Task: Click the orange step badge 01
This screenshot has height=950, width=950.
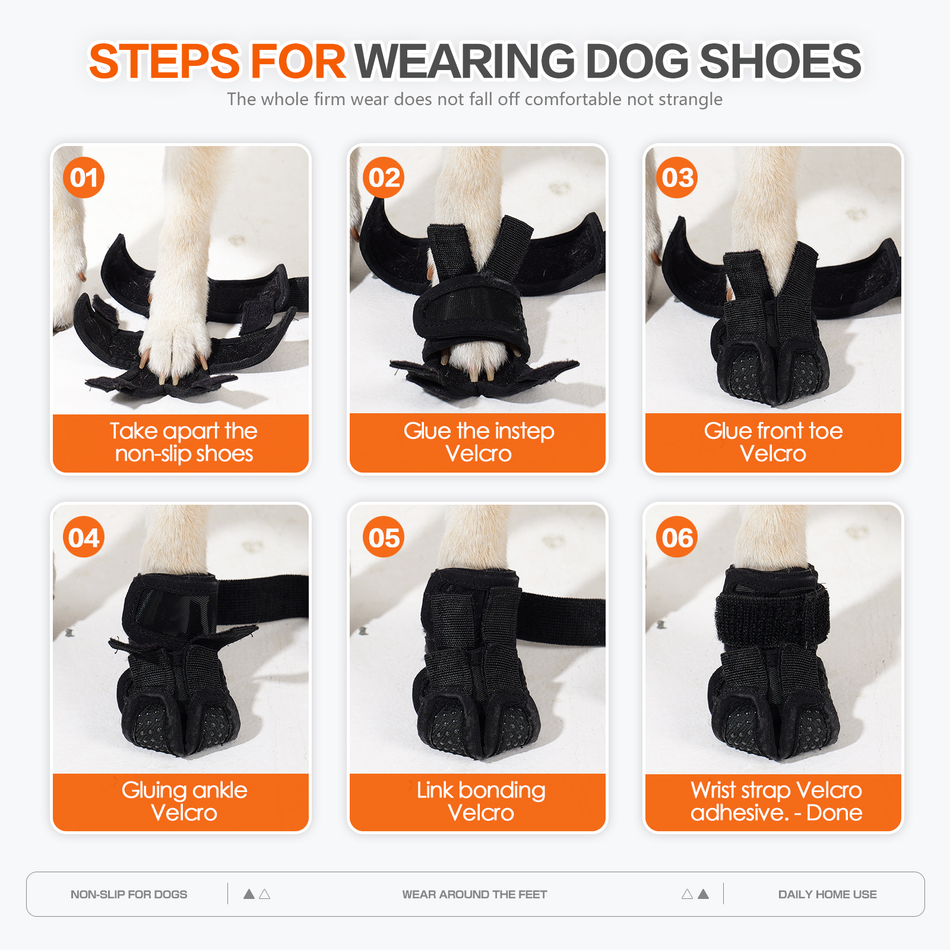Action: point(84,178)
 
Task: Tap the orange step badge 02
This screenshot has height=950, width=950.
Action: point(384,178)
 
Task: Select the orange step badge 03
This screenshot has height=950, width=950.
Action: point(677,178)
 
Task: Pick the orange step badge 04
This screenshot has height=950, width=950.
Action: point(84,537)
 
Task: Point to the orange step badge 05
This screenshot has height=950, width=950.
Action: point(384,537)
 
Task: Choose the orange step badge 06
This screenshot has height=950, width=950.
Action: point(677,537)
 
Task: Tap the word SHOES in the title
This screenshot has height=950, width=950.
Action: point(780,61)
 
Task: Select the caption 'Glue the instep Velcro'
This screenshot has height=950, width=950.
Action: point(479,442)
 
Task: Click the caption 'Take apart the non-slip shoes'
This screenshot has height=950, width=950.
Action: point(183,442)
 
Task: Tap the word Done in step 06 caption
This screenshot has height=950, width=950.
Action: point(834,812)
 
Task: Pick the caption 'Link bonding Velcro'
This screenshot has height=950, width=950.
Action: point(480,801)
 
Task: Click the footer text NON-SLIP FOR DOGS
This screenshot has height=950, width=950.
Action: point(129,894)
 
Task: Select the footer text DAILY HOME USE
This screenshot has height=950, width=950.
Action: point(827,894)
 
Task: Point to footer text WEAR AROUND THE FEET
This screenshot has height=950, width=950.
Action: point(474,894)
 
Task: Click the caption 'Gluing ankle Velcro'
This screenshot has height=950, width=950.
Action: point(184,801)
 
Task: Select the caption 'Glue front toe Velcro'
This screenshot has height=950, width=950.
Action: point(773,442)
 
